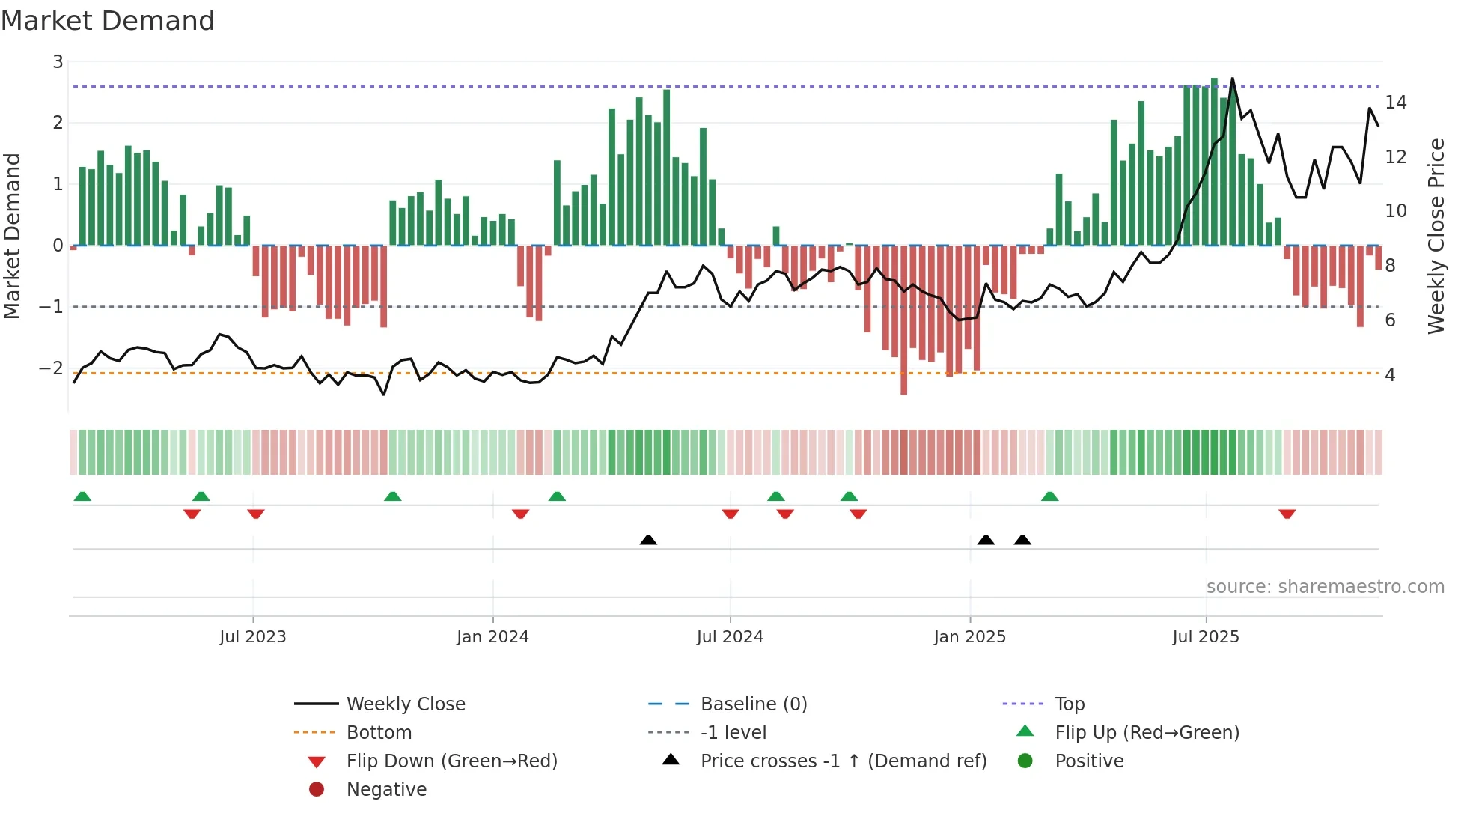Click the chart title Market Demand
108,21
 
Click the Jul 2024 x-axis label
730,637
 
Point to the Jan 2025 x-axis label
969,637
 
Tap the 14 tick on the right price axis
1396,103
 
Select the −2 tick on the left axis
51,368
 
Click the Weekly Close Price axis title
1436,236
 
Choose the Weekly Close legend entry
405,704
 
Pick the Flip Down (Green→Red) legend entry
451,761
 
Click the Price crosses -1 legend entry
843,761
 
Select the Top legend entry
1069,704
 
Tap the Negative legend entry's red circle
317,790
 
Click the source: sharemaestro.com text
1325,587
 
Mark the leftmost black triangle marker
648,540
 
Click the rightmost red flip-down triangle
1287,514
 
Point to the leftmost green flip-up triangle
82,496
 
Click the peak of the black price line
1232,79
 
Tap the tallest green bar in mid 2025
1214,161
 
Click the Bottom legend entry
379,733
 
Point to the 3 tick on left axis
58,62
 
